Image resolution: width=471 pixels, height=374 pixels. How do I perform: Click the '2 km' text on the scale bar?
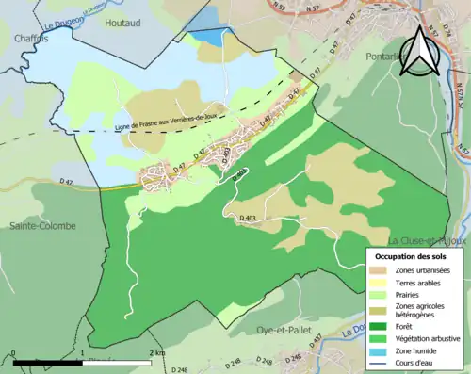click(x=157, y=352)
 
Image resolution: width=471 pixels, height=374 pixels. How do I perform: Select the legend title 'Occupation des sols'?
click(x=412, y=256)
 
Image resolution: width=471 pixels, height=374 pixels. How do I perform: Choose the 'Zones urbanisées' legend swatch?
click(x=382, y=271)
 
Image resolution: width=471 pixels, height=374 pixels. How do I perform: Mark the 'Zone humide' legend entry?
click(x=421, y=355)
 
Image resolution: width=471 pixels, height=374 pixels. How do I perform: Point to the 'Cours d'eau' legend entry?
click(x=419, y=366)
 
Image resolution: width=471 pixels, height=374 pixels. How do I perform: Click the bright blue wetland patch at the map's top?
click(x=211, y=36)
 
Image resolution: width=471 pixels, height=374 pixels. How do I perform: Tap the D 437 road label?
click(x=317, y=338)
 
